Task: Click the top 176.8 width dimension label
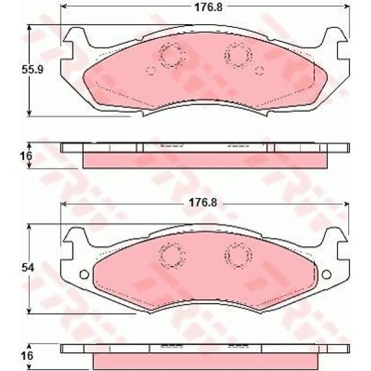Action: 208,7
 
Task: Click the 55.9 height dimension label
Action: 32,69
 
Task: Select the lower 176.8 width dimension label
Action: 203,203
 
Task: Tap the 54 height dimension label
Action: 28,268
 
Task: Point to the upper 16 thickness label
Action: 26,156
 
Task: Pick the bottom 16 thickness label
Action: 27,356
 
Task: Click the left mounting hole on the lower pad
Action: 84,275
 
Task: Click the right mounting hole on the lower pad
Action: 326,275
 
